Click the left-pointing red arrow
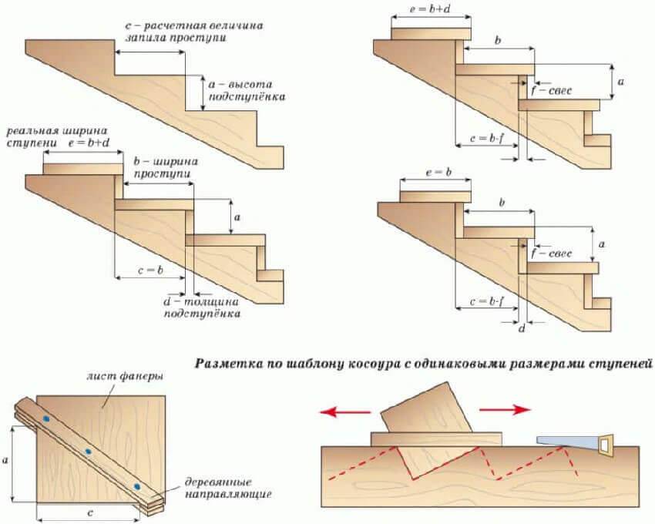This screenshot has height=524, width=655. [x=345, y=412]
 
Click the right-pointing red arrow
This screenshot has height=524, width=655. [x=505, y=410]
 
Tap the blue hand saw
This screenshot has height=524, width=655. [x=575, y=444]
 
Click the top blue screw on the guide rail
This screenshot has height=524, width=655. [x=46, y=418]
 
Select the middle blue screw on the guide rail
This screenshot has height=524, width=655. [x=88, y=452]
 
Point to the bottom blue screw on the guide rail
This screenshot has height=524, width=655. [x=136, y=486]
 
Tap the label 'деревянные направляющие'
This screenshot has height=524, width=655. [x=227, y=489]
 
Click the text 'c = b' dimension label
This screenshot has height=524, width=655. [x=150, y=270]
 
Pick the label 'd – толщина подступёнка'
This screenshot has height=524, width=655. [x=201, y=307]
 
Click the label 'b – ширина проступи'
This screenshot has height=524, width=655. [x=166, y=167]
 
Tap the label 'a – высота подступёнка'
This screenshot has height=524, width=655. [x=247, y=91]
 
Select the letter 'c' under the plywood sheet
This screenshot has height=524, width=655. [x=90, y=512]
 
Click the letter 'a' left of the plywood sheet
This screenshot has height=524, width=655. [x=5, y=461]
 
